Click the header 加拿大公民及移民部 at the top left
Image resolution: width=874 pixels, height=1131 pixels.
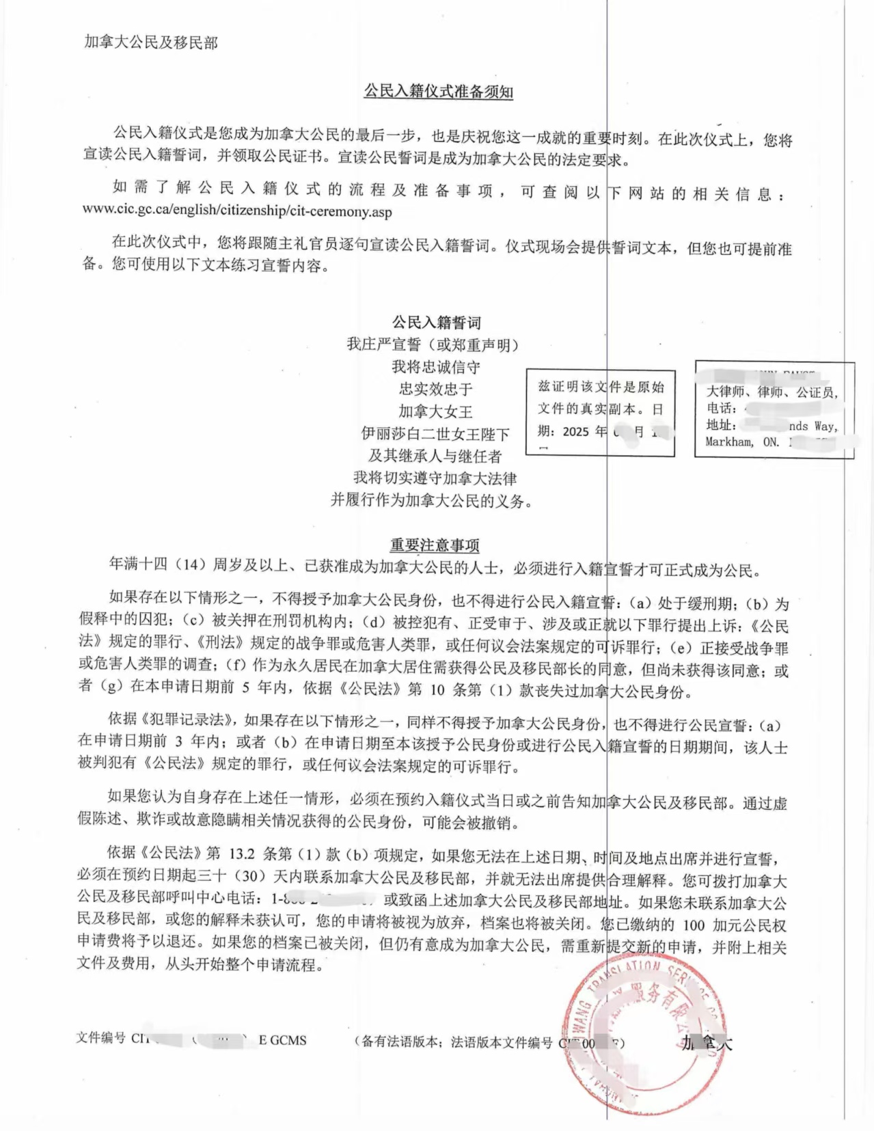pyautogui.click(x=151, y=42)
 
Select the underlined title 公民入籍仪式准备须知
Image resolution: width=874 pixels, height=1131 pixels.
pyautogui.click(x=438, y=92)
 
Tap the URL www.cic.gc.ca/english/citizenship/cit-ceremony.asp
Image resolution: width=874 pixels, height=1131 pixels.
pyautogui.click(x=237, y=210)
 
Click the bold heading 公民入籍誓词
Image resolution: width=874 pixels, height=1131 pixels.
pyautogui.click(x=436, y=322)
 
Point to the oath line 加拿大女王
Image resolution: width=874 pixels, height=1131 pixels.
pyautogui.click(x=436, y=411)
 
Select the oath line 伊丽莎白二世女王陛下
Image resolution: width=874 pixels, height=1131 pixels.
pyautogui.click(x=436, y=434)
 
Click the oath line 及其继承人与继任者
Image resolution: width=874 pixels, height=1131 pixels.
pyautogui.click(x=436, y=456)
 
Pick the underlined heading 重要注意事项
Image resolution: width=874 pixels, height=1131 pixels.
pyautogui.click(x=435, y=545)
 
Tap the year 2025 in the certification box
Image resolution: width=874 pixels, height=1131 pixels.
pyautogui.click(x=575, y=432)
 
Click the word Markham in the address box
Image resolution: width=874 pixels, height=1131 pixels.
pyautogui.click(x=729, y=442)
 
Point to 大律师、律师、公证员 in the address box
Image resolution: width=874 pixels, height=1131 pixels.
pyautogui.click(x=770, y=392)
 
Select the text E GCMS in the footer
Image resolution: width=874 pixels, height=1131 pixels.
pyautogui.click(x=282, y=1040)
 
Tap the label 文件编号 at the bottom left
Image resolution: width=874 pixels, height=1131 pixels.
pyautogui.click(x=100, y=1038)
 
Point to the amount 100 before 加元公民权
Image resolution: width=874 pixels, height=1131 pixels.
pyautogui.click(x=694, y=925)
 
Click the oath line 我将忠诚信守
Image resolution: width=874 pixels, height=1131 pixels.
pyautogui.click(x=436, y=367)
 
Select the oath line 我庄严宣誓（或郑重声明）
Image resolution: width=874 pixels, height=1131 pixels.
pyautogui.click(x=433, y=344)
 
